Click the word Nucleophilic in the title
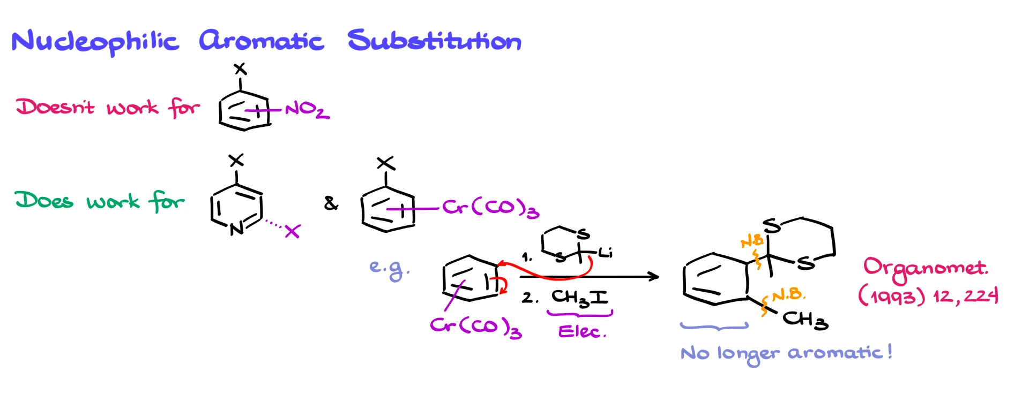(x=95, y=42)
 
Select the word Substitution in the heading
(x=434, y=41)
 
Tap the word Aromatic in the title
(x=261, y=41)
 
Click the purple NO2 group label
(x=307, y=110)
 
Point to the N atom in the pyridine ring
(x=236, y=229)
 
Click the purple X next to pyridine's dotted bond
(x=292, y=231)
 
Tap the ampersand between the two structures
(x=331, y=203)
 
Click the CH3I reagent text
(x=579, y=298)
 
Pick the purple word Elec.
(x=581, y=332)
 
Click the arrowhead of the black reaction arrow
(x=654, y=277)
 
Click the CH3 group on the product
(x=805, y=320)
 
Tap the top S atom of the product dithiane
(x=772, y=226)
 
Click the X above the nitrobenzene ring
(x=240, y=69)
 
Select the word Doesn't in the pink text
(x=55, y=107)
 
